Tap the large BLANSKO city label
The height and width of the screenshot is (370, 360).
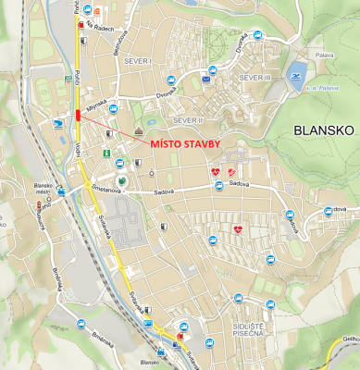pos(323,130)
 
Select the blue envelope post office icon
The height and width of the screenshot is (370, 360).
pos(206,80)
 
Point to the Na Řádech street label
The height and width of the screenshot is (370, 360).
pos(102,28)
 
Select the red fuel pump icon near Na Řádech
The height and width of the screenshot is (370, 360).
pos(81,25)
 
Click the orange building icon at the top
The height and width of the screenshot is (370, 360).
pos(97,12)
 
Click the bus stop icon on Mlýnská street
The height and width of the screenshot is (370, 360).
pos(113,108)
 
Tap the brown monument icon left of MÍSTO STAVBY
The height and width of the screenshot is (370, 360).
pos(138,132)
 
